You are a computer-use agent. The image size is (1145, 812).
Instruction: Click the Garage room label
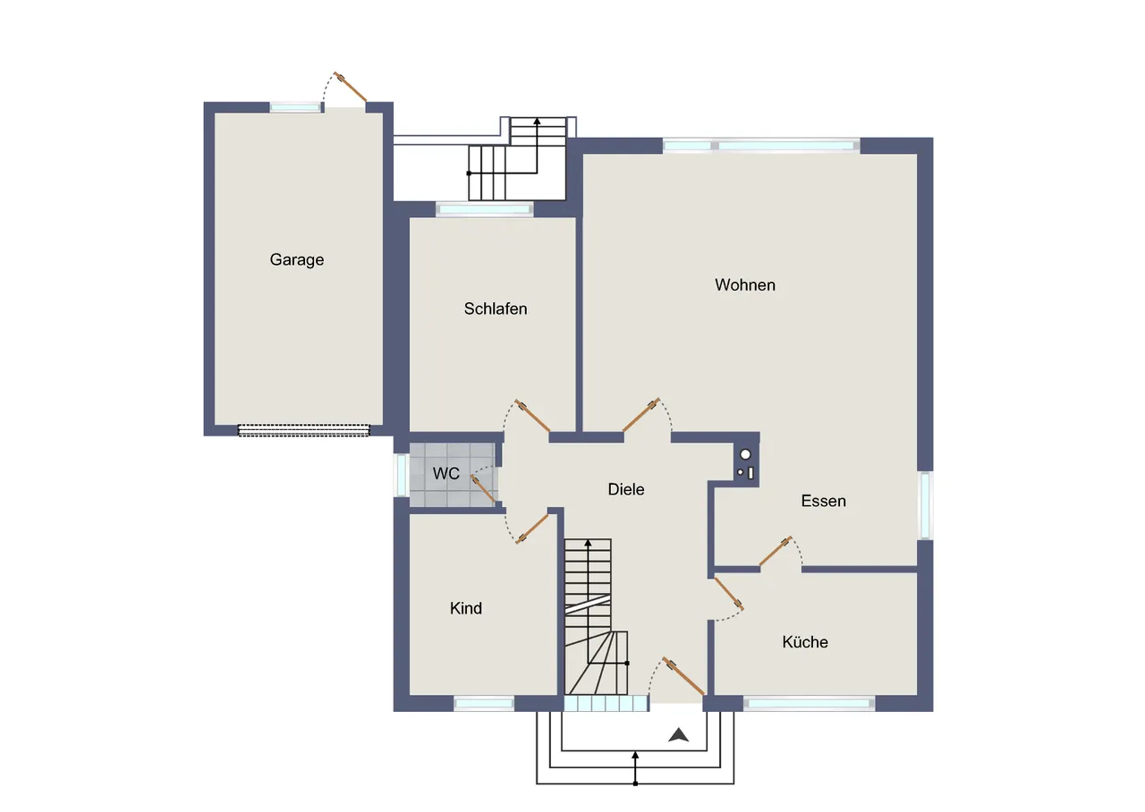point(296,260)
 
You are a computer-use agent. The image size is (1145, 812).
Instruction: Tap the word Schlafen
point(496,309)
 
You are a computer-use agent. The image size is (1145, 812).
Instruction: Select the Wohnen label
point(745,284)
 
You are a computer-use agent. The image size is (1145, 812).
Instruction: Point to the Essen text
point(823,501)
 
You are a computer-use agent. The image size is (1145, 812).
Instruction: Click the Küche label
point(804,642)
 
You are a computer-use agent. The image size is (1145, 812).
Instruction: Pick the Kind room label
point(466,608)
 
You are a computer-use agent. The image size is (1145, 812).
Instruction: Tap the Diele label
point(625,489)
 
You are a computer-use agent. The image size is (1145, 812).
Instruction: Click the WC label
point(445,474)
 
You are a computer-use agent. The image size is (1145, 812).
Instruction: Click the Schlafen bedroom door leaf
point(532,416)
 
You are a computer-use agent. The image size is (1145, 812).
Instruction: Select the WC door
point(483,489)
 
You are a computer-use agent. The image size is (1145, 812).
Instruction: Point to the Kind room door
point(532,529)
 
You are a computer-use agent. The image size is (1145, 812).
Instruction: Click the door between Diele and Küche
point(729,593)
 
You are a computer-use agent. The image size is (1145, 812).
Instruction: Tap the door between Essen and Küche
point(776,551)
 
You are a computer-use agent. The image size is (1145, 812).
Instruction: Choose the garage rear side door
point(350,87)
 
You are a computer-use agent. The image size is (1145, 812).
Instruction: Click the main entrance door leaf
point(683,675)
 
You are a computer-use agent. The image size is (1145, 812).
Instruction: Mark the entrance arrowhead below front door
point(678,735)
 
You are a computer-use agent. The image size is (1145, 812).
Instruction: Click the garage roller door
point(303,430)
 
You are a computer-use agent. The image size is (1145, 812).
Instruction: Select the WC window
point(402,474)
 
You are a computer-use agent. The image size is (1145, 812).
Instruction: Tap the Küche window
point(810,704)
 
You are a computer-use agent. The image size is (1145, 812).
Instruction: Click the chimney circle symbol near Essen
point(745,454)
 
